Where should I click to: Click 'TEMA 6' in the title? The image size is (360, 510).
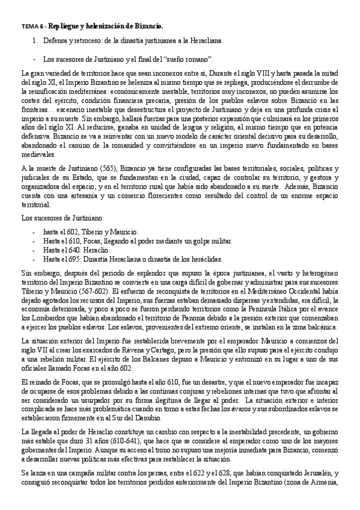coord(31,26)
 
